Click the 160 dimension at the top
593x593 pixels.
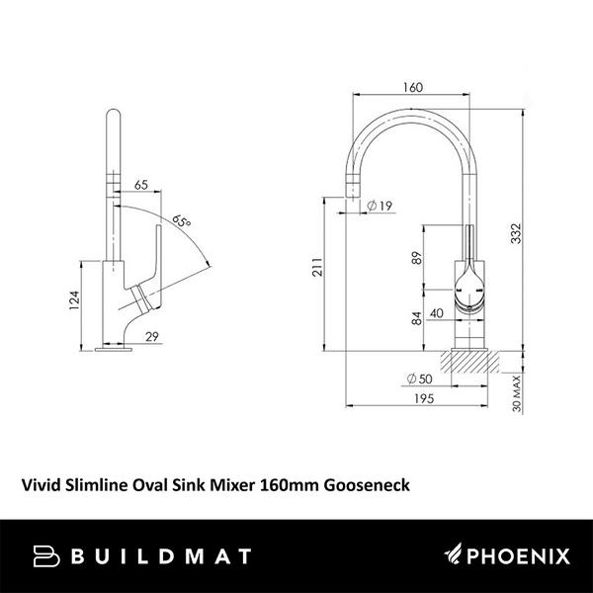click(x=413, y=86)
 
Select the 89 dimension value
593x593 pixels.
click(x=415, y=259)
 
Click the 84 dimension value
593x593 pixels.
click(x=415, y=318)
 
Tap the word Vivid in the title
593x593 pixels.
click(x=44, y=484)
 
